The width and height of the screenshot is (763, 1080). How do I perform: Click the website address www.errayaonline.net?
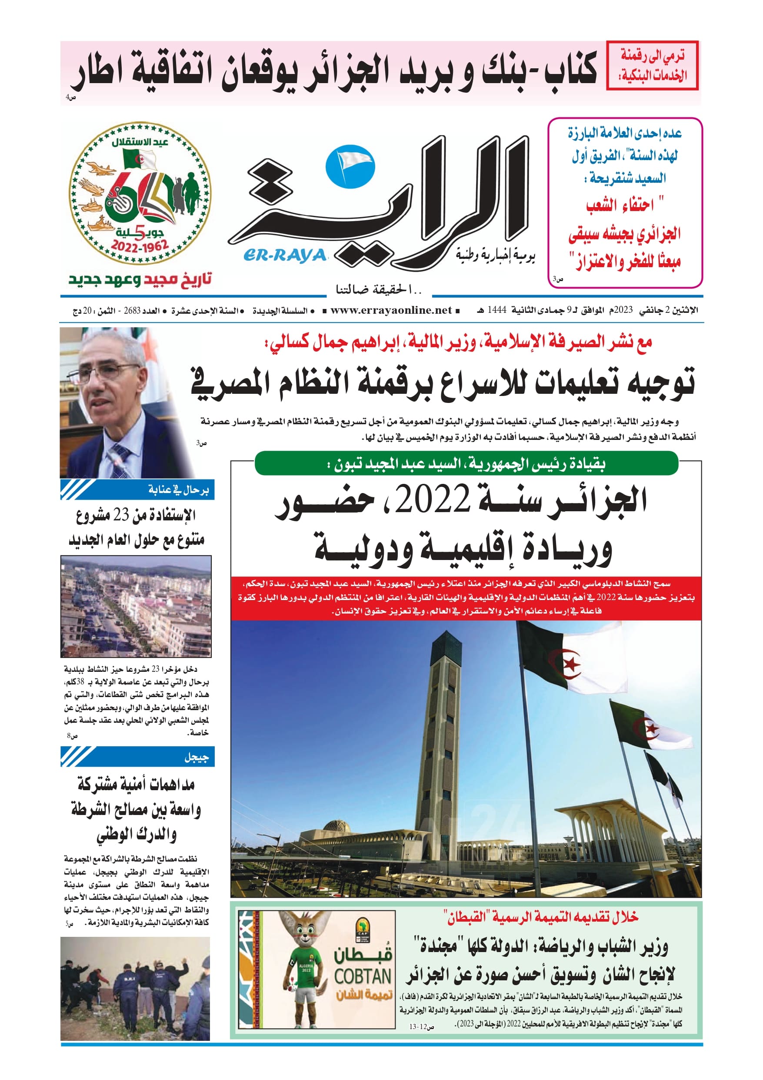point(391,310)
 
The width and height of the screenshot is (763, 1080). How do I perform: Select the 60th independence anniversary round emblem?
point(140,194)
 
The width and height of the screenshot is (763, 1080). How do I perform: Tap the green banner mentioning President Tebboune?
point(466,464)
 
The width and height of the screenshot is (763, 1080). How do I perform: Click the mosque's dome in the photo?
point(337,826)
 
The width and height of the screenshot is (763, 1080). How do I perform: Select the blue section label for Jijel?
point(137,757)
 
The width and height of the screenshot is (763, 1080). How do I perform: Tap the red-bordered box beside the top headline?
point(652,65)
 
